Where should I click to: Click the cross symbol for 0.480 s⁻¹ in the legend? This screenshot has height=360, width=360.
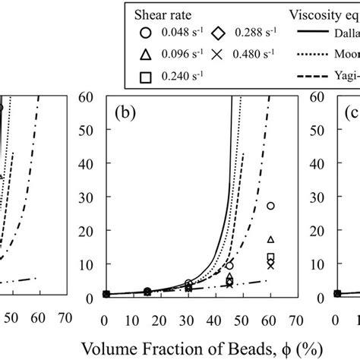tap(216, 54)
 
